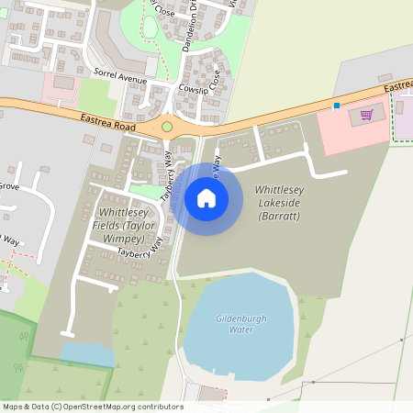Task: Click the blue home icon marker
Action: click(x=206, y=197)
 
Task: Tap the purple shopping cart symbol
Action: click(x=367, y=115)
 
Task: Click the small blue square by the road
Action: click(x=337, y=106)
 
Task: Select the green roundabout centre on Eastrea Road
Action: click(x=167, y=127)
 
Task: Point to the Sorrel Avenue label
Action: click(x=120, y=76)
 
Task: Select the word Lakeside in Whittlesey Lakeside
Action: click(x=279, y=202)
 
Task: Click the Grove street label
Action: click(x=9, y=185)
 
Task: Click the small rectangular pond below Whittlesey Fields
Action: click(x=87, y=355)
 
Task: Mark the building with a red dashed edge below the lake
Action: click(x=212, y=394)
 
